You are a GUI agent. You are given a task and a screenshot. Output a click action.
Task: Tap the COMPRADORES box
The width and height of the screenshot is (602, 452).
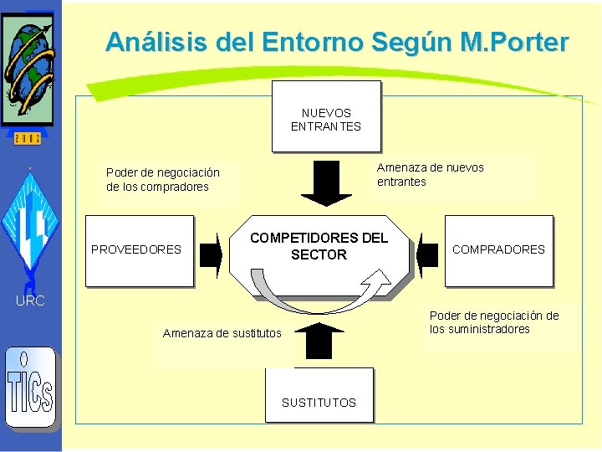(498, 249)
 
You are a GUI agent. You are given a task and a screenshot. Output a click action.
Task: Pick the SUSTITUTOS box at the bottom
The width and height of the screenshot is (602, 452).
(319, 402)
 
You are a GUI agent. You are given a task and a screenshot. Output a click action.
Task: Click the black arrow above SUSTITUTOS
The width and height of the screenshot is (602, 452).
(319, 340)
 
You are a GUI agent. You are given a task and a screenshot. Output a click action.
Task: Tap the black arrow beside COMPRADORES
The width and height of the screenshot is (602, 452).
(427, 252)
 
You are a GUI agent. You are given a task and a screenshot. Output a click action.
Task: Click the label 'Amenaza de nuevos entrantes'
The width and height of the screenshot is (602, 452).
(430, 174)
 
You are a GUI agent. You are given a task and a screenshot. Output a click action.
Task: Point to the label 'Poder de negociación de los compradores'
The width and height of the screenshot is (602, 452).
(162, 179)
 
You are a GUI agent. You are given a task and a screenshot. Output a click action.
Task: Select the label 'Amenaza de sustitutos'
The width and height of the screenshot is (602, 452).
(222, 333)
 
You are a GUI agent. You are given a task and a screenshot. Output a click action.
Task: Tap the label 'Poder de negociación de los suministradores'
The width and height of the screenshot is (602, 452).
(493, 322)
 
